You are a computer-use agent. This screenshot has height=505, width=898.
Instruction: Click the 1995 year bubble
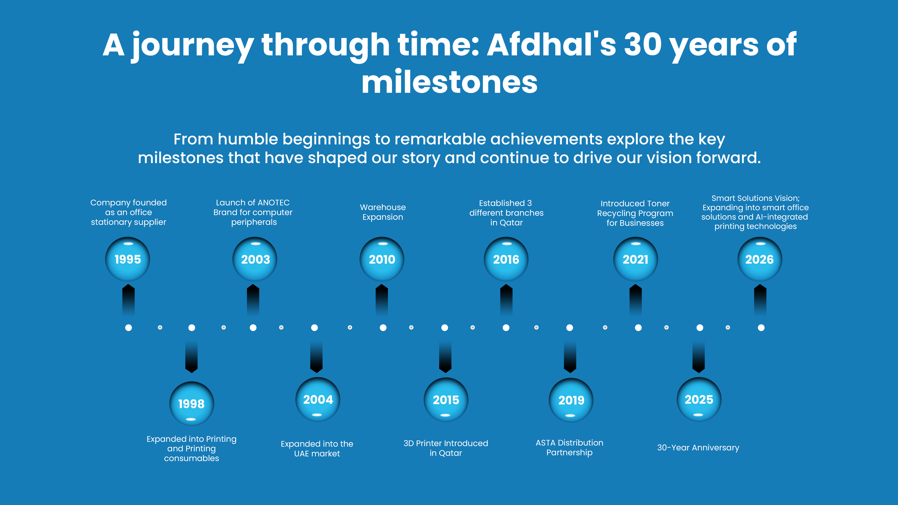click(x=128, y=259)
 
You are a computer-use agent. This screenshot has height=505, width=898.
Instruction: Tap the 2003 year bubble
click(x=255, y=259)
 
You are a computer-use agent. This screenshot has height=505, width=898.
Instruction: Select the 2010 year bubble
click(x=382, y=259)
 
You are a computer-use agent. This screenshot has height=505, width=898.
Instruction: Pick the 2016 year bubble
click(x=506, y=259)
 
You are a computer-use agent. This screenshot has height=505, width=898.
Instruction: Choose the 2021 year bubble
click(x=636, y=259)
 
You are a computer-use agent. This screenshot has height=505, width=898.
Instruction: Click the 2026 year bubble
click(x=760, y=259)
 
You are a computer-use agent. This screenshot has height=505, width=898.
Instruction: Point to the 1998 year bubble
click(x=191, y=404)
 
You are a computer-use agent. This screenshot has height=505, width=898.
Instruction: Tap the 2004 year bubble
click(x=318, y=399)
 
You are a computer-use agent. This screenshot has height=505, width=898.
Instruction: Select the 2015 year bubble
click(x=446, y=400)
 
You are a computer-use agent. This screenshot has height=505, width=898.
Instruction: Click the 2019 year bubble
click(x=571, y=400)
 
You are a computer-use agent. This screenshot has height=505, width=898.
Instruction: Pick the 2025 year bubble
click(x=699, y=399)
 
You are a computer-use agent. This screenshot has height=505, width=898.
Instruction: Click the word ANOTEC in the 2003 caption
click(x=274, y=203)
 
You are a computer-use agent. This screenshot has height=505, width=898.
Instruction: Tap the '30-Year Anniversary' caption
click(x=698, y=448)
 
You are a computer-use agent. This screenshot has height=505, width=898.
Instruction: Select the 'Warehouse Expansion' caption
click(x=383, y=212)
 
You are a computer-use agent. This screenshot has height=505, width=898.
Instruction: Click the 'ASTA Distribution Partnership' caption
click(x=569, y=448)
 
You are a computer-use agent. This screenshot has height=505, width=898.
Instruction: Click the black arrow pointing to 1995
click(x=128, y=300)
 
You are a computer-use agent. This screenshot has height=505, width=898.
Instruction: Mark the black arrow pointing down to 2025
click(x=699, y=357)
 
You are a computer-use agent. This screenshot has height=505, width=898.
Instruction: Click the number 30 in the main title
click(x=642, y=45)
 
